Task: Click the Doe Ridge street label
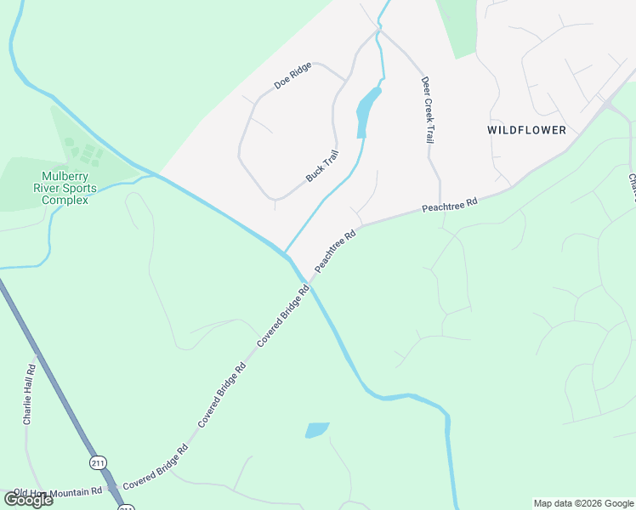(x=292, y=76)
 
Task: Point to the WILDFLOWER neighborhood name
(x=526, y=130)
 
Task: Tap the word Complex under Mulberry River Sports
(x=64, y=201)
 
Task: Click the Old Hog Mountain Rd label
(x=57, y=492)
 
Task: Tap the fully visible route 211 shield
(x=96, y=462)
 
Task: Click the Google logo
(x=28, y=500)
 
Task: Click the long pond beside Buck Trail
(x=367, y=111)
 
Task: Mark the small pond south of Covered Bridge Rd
(x=316, y=430)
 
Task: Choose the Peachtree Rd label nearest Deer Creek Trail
(x=450, y=205)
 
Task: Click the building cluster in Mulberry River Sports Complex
(x=85, y=153)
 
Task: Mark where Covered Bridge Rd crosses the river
(x=308, y=281)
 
